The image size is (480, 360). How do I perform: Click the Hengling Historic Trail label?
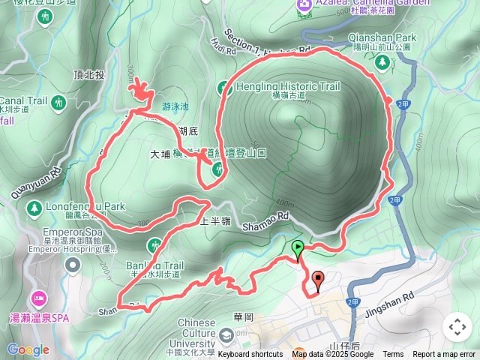coord(289,87)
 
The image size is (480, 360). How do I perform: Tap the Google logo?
coord(28,349)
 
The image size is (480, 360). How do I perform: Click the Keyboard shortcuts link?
coord(250,354)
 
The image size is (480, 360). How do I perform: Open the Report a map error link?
coord(444,354)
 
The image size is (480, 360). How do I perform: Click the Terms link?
coord(393,354)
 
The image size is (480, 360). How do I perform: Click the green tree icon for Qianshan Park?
coord(380,63)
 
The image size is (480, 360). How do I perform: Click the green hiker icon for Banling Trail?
coord(154,245)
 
